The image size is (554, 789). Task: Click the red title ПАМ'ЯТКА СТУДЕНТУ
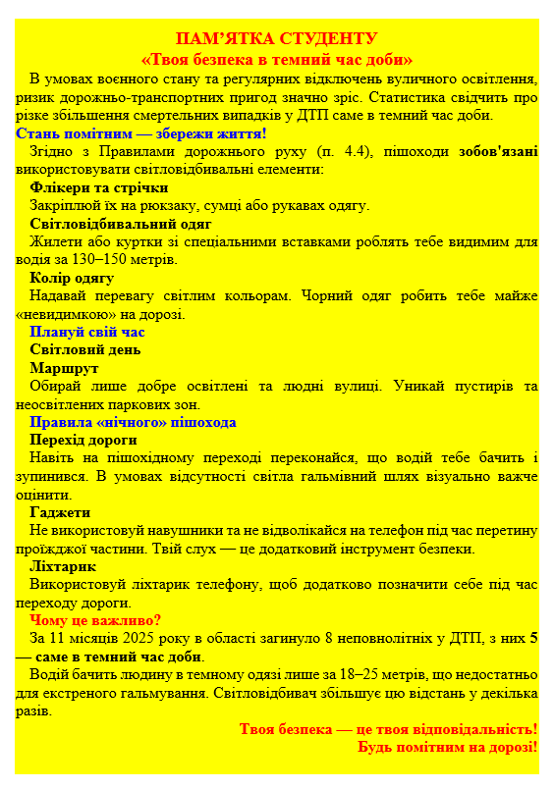[276, 39]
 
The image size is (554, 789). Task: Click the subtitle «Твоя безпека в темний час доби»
[276, 59]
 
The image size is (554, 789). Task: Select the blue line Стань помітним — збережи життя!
[141, 132]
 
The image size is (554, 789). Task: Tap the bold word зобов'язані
[498, 151]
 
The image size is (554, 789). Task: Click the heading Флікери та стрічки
[99, 187]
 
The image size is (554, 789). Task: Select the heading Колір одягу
[72, 278]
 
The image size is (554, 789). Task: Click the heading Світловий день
[84, 349]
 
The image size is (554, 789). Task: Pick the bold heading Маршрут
[64, 368]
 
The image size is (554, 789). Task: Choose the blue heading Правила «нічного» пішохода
[133, 422]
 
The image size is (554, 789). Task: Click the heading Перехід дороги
[83, 440]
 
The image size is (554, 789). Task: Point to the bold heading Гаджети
[60, 512]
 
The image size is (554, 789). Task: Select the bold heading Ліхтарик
[63, 566]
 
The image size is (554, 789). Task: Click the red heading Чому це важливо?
[95, 620]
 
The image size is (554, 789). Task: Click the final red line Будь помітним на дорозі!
[447, 747]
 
